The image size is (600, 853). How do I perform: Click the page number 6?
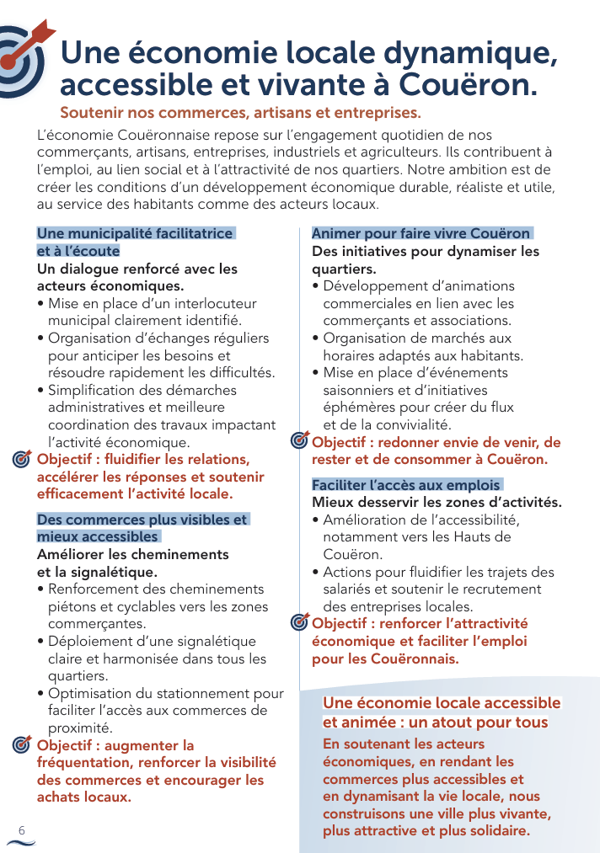(22, 829)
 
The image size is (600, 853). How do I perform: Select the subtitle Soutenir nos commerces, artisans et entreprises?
(240, 113)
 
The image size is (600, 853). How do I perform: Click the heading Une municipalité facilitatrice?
(135, 233)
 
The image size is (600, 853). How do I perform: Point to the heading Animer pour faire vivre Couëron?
(421, 233)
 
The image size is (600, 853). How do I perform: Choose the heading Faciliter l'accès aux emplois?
(406, 485)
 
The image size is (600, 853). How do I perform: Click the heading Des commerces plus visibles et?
(142, 520)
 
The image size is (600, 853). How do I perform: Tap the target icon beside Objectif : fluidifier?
(23, 460)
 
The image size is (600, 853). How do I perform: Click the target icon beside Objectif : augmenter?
(23, 746)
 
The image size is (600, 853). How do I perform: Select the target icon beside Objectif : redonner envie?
(299, 440)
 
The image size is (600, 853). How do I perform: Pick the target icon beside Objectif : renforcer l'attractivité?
(299, 623)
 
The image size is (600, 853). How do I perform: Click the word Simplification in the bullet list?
(90, 390)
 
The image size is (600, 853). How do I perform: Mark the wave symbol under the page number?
(21, 842)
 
